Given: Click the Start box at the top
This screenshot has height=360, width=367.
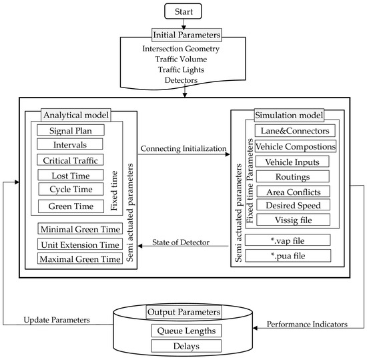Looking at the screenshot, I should tap(182, 11).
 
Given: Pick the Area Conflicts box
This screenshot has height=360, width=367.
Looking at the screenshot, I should tap(293, 192).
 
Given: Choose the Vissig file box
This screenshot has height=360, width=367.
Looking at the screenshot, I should tap(293, 220).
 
